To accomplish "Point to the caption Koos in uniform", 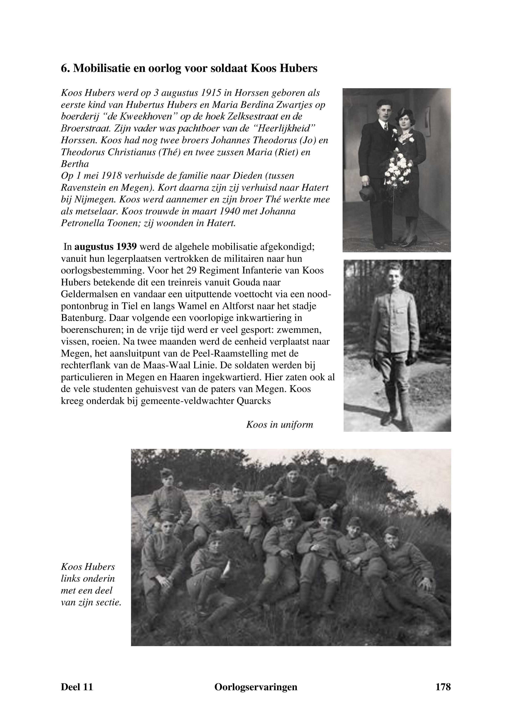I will [x=279, y=425].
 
